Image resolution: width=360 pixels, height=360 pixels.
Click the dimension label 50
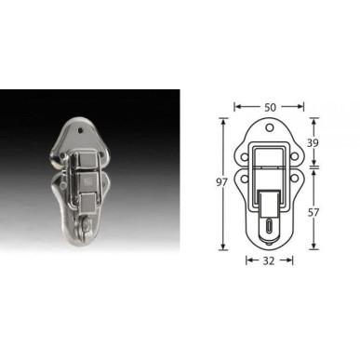(x=270, y=107)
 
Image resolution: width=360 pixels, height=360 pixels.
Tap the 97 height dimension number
(x=221, y=182)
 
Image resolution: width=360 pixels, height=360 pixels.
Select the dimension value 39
(x=313, y=143)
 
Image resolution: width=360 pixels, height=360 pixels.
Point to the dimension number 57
(x=313, y=213)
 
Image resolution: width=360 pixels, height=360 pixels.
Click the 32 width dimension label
(x=269, y=261)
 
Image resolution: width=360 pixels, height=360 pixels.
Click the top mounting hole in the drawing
(x=270, y=127)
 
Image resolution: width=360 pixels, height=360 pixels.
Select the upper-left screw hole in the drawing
(x=245, y=157)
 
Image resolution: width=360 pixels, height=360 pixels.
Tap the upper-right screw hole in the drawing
(x=294, y=157)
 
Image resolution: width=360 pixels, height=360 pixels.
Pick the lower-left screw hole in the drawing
(x=245, y=179)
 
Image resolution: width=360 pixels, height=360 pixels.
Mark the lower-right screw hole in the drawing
(x=294, y=179)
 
